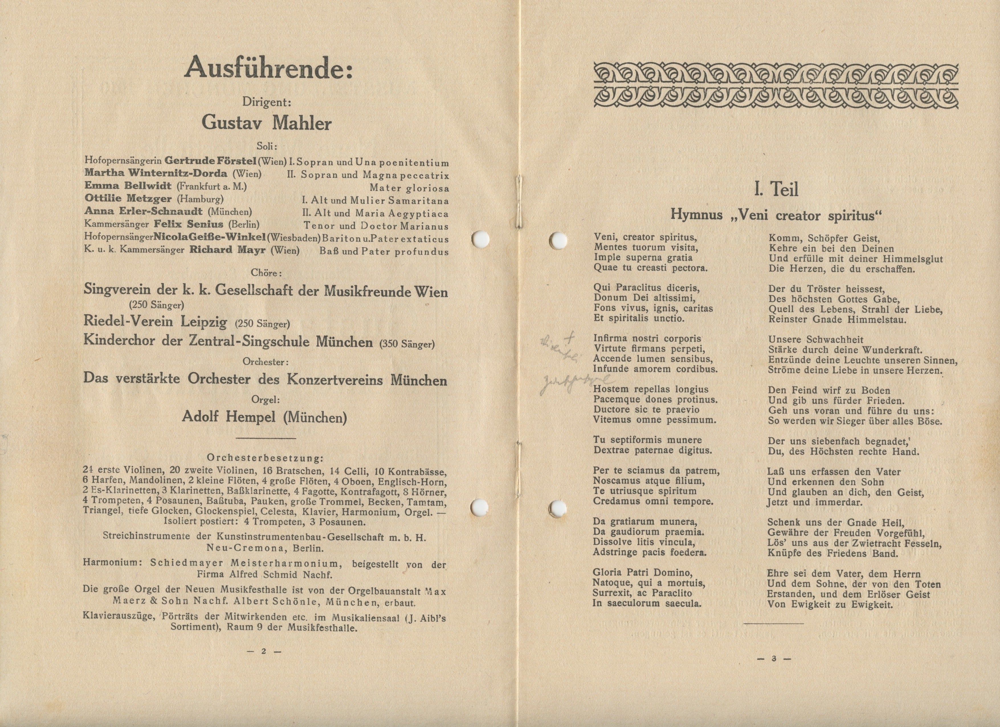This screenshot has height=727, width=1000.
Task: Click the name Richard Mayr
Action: (x=228, y=250)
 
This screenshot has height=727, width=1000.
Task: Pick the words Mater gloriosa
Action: (x=409, y=188)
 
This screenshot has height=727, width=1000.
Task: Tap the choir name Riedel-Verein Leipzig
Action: (x=155, y=322)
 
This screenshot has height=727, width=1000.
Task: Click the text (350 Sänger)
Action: (x=407, y=344)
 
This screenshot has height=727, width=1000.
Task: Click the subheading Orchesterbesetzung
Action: (x=265, y=458)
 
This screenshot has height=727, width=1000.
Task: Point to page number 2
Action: (x=264, y=651)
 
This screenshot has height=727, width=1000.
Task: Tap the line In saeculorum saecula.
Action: (x=647, y=604)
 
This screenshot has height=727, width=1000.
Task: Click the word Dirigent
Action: (x=266, y=102)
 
